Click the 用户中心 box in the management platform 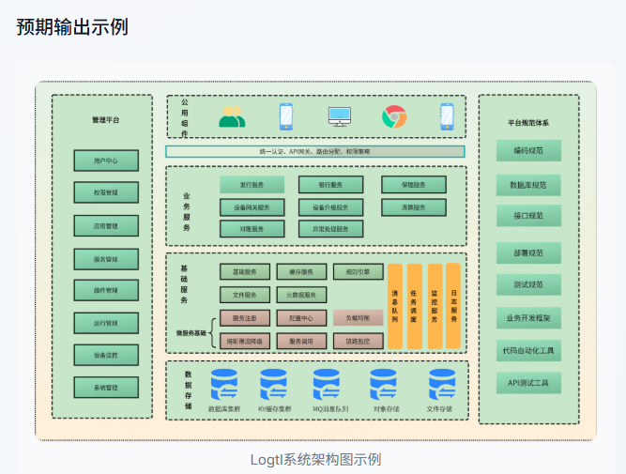[x=106, y=161]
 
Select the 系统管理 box [x=106, y=387]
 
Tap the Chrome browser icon [x=393, y=117]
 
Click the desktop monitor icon [x=339, y=117]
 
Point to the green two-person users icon [x=232, y=117]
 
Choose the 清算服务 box [x=413, y=207]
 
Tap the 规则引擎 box [x=358, y=272]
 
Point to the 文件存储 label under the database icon [x=439, y=409]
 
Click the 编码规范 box [x=529, y=150]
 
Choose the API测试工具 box [x=529, y=383]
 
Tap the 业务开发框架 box [x=529, y=318]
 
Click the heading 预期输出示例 [x=72, y=26]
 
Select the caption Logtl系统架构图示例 [x=315, y=459]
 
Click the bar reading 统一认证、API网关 [x=315, y=151]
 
